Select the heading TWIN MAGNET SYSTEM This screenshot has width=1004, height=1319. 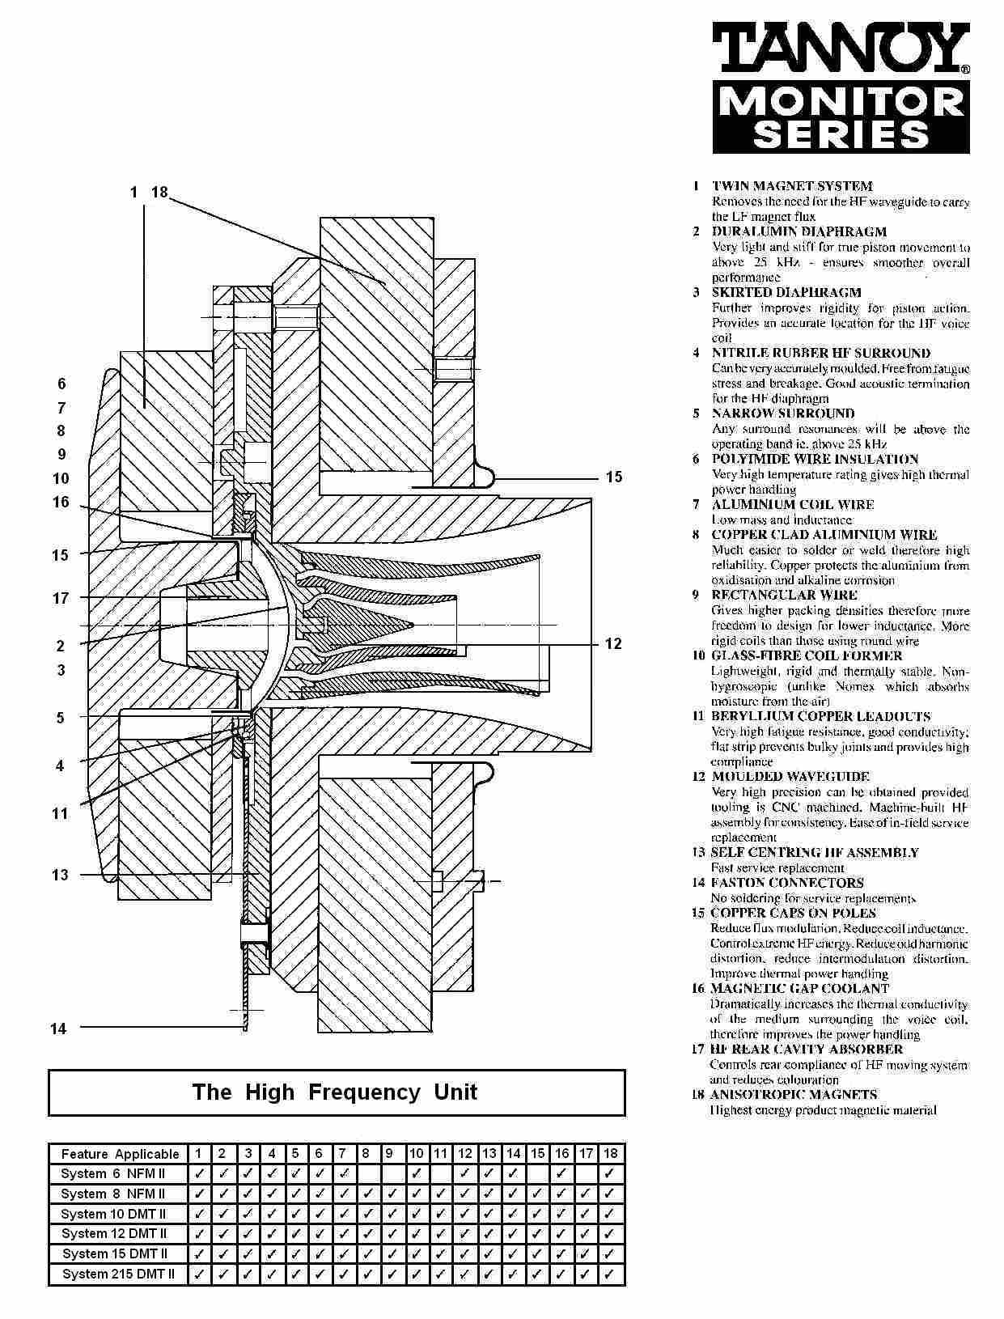point(791,186)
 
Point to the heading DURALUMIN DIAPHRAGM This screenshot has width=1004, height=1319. point(799,231)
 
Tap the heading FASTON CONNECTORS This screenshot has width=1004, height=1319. point(787,883)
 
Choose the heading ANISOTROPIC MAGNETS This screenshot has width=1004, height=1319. point(793,1095)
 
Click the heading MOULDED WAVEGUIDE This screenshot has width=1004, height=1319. point(790,777)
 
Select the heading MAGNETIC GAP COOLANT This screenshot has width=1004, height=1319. point(799,988)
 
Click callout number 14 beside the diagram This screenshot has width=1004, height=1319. point(58,1028)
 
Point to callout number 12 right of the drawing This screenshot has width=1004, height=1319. point(613,643)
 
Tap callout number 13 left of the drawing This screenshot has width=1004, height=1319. point(60,875)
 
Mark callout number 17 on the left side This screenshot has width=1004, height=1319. point(61,598)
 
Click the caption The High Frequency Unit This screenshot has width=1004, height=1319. point(335,1092)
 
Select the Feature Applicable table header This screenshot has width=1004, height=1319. point(120,1154)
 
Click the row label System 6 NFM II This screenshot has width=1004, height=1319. point(113,1174)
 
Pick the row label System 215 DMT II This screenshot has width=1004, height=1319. point(118,1274)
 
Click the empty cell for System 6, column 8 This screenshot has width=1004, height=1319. point(366,1174)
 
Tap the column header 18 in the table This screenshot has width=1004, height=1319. point(610,1154)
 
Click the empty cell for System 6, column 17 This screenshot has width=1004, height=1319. point(587,1174)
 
